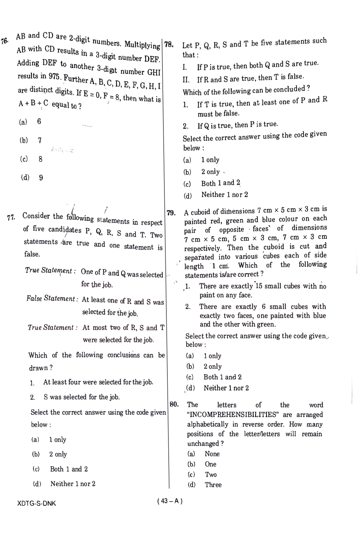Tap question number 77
coord(11,218)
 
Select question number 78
coord(169,45)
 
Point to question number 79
coord(171,213)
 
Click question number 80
coord(174,404)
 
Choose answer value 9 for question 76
coord(41,178)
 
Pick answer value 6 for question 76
coord(39,121)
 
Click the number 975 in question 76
coord(54,76)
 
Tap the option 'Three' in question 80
coord(213,485)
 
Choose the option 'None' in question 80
coord(212,454)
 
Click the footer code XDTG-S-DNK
coord(37,503)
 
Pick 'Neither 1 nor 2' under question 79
coord(226,388)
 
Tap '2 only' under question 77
coord(58,454)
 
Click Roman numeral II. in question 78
coord(186,80)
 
